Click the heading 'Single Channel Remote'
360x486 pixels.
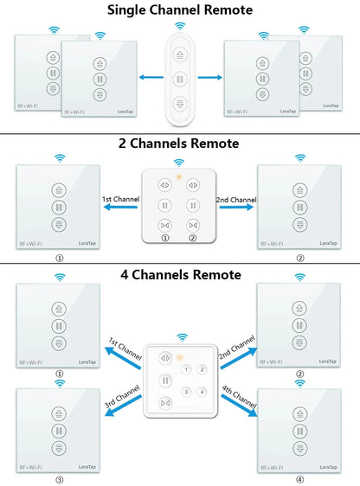[180, 10]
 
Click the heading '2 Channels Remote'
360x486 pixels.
[180, 144]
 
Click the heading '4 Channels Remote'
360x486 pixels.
[180, 275]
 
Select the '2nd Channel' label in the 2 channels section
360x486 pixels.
[235, 200]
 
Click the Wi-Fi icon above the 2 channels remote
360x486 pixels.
[179, 162]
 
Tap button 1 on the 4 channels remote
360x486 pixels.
[185, 370]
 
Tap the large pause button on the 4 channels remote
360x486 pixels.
[164, 380]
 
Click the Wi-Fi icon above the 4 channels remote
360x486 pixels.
[181, 336]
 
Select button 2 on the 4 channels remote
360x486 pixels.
[202, 370]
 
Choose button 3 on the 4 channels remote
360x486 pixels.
[185, 392]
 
